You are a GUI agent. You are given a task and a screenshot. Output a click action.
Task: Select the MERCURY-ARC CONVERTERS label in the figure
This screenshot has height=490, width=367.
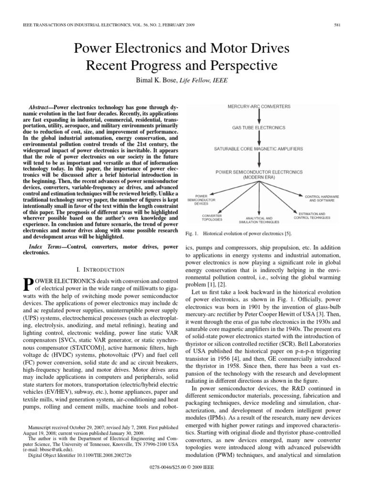259,106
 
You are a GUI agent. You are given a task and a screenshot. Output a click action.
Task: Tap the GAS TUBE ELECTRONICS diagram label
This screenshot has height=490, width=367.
259,128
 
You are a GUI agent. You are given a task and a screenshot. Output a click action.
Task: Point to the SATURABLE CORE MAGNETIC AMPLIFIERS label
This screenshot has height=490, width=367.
259,149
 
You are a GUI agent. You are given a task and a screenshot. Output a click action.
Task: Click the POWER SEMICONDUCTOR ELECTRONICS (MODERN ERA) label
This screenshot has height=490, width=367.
259,174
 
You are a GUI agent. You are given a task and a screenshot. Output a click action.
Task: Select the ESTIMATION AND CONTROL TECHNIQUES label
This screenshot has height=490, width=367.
312,216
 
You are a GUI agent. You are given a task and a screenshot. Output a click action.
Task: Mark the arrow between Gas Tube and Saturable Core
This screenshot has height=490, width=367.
259,138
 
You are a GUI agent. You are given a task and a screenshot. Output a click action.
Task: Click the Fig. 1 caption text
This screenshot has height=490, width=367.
237,234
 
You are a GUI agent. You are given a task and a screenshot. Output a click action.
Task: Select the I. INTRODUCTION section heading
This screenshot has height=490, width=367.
97,269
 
